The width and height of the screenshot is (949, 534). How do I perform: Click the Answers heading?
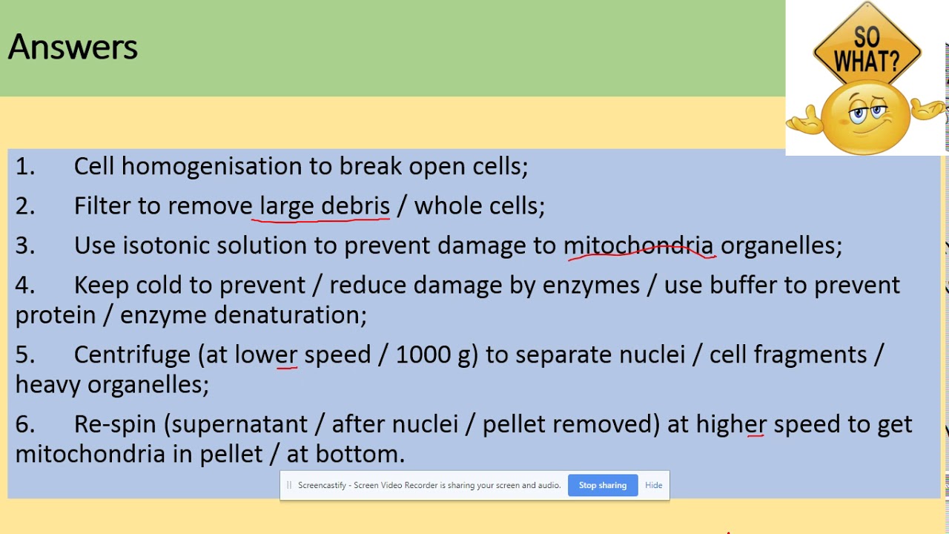pyautogui.click(x=73, y=47)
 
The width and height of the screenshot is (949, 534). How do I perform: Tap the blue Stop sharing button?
pyautogui.click(x=602, y=485)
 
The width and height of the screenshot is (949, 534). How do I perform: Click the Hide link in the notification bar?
pyautogui.click(x=653, y=485)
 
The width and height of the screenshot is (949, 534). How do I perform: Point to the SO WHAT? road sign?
pyautogui.click(x=866, y=49)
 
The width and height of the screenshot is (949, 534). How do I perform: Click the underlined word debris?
pyautogui.click(x=355, y=205)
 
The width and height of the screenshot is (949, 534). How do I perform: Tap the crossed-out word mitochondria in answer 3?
pyautogui.click(x=638, y=245)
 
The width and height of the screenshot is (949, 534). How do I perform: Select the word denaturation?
pyautogui.click(x=290, y=315)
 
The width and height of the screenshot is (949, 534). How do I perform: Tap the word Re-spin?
pyautogui.click(x=115, y=424)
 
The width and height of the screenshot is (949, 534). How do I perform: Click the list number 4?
pyautogui.click(x=24, y=285)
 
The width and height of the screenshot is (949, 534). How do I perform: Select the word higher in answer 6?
pyautogui.click(x=731, y=424)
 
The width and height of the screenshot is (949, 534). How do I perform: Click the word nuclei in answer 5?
pyautogui.click(x=652, y=355)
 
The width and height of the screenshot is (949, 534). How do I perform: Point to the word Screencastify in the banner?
pyautogui.click(x=322, y=485)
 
